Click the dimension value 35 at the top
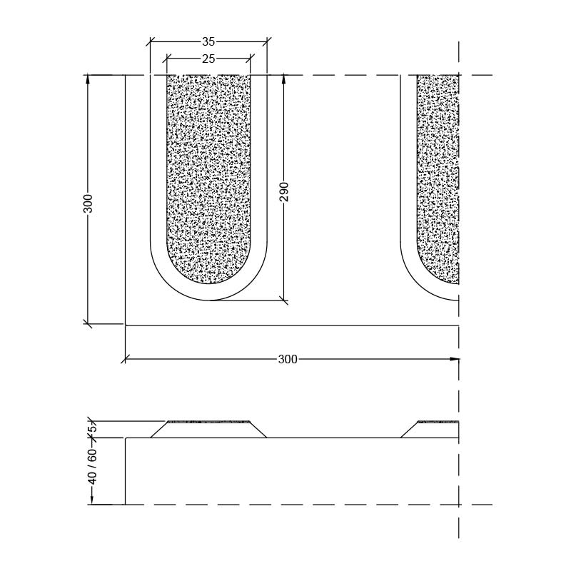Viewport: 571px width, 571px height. (x=208, y=42)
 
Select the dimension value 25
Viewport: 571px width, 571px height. (x=208, y=59)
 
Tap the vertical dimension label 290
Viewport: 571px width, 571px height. (x=284, y=191)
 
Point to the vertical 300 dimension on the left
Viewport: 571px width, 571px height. (x=89, y=203)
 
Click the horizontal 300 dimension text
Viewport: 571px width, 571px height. (x=288, y=360)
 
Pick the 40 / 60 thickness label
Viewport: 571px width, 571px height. (x=92, y=468)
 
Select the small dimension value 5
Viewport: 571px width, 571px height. (x=92, y=430)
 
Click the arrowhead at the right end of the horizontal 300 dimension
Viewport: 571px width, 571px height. (x=455, y=359)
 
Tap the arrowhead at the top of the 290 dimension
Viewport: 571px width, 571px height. (x=284, y=79)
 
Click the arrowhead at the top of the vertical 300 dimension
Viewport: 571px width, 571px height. (x=89, y=79)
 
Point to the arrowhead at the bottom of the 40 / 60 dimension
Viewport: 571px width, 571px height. (x=92, y=500)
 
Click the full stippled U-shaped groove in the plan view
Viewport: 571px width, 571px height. (x=208, y=178)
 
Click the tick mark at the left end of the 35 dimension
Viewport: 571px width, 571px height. (x=150, y=42)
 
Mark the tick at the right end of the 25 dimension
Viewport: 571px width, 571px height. (x=251, y=59)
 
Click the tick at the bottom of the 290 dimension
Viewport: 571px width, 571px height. (x=284, y=300)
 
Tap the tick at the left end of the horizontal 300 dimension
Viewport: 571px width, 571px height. (x=125, y=359)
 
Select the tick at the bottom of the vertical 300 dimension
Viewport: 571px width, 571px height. (x=89, y=323)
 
